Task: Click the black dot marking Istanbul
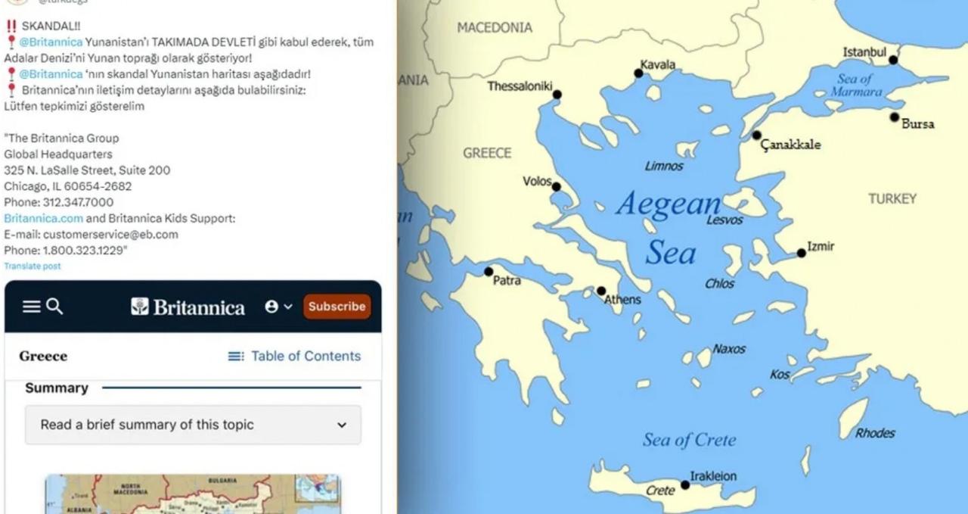(893, 60)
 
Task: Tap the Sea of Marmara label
(856, 85)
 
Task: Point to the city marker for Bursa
(895, 117)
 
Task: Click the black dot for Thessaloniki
(557, 95)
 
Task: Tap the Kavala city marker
(638, 73)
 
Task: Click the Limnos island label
(664, 166)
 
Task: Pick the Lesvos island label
(724, 220)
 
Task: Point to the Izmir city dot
(802, 253)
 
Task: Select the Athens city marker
(601, 291)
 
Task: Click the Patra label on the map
(507, 281)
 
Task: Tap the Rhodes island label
(875, 433)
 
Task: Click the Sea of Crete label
(689, 440)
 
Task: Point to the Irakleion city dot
(685, 484)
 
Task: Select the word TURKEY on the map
(892, 198)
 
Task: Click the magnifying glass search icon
(54, 307)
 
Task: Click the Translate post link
(33, 266)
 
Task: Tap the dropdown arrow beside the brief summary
(342, 425)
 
